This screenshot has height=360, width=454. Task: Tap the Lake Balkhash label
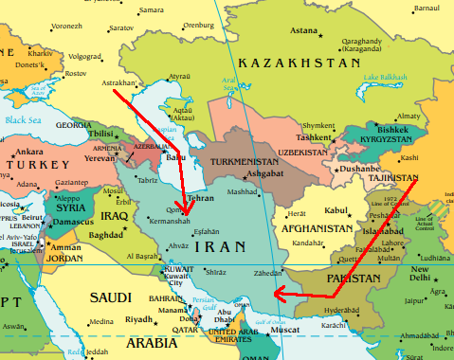tap(387, 76)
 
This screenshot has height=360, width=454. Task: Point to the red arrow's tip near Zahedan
tap(274, 293)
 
